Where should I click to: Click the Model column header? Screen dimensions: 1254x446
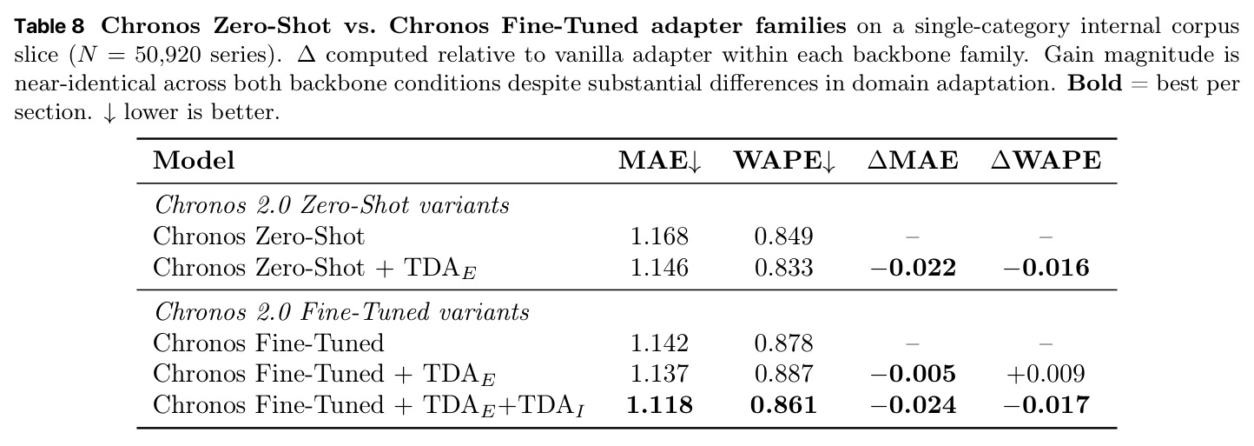pos(194,160)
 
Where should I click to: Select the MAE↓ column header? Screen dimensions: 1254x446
pos(659,161)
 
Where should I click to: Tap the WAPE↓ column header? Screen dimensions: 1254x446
pos(784,161)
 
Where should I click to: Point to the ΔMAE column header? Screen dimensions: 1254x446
pos(913,160)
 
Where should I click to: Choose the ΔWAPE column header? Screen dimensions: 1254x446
pos(1046,160)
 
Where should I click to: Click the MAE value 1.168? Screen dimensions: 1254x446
pos(659,236)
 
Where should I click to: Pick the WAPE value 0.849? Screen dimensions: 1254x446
pos(783,236)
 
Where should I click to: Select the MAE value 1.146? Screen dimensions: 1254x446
pos(659,267)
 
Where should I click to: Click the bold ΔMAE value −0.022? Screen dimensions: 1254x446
pos(913,267)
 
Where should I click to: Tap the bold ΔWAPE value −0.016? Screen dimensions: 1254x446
pos(1046,267)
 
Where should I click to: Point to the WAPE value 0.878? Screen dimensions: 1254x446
pos(783,343)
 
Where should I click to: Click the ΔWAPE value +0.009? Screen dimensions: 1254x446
pos(1046,374)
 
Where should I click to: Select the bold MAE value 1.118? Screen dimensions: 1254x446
pos(659,405)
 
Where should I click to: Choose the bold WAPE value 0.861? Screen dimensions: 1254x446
pos(783,405)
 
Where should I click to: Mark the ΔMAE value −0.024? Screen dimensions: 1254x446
pos(913,405)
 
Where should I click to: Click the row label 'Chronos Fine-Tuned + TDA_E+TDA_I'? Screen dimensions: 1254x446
pos(369,406)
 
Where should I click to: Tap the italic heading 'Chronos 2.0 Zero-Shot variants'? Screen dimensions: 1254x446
pos(332,206)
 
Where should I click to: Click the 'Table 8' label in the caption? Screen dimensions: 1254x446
pos(49,26)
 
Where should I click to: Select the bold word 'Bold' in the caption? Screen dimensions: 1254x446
pos(1094,83)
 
